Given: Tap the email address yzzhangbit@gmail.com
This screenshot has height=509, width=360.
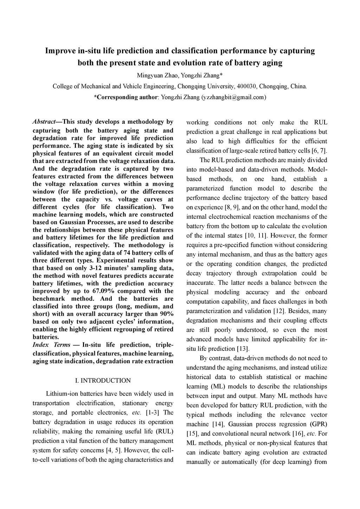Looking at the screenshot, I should [x=233, y=97].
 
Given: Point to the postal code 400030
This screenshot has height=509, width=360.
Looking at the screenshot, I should [x=247, y=86].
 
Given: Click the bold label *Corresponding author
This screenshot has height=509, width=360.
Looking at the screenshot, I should [x=125, y=97].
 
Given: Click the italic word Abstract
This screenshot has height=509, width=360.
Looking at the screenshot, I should [x=44, y=122].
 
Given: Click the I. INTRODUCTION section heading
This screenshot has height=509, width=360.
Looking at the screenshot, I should [x=103, y=381].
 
